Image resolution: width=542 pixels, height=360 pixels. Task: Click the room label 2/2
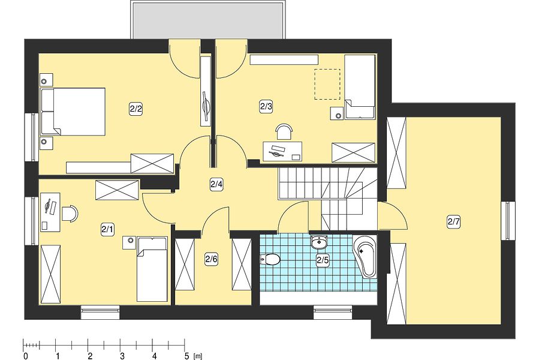(x=136, y=109)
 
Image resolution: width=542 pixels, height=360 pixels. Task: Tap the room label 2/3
(x=266, y=107)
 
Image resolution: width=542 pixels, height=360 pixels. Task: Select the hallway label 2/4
(x=216, y=184)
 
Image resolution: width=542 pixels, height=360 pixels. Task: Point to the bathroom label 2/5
(x=323, y=260)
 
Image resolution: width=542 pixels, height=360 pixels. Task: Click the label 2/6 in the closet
(x=211, y=259)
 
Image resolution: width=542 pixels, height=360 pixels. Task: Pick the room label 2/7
(x=453, y=221)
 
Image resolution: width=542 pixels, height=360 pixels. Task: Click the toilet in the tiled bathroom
(x=270, y=259)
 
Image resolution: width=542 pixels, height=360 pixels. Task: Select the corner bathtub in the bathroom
(x=365, y=257)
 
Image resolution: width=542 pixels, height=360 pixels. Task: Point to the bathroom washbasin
(x=320, y=242)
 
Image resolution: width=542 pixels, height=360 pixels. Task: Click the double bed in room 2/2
(x=73, y=112)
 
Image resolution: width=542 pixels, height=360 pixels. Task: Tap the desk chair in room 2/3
(x=284, y=131)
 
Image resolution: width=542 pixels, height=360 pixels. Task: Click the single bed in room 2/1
(x=152, y=269)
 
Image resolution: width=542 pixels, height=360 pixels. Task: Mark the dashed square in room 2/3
(x=327, y=85)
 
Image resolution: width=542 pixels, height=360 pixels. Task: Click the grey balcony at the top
(x=209, y=20)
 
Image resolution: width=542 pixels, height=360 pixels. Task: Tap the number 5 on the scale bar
(x=186, y=356)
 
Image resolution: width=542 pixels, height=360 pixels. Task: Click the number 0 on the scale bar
(x=26, y=356)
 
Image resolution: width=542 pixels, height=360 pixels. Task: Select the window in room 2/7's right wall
(x=508, y=221)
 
